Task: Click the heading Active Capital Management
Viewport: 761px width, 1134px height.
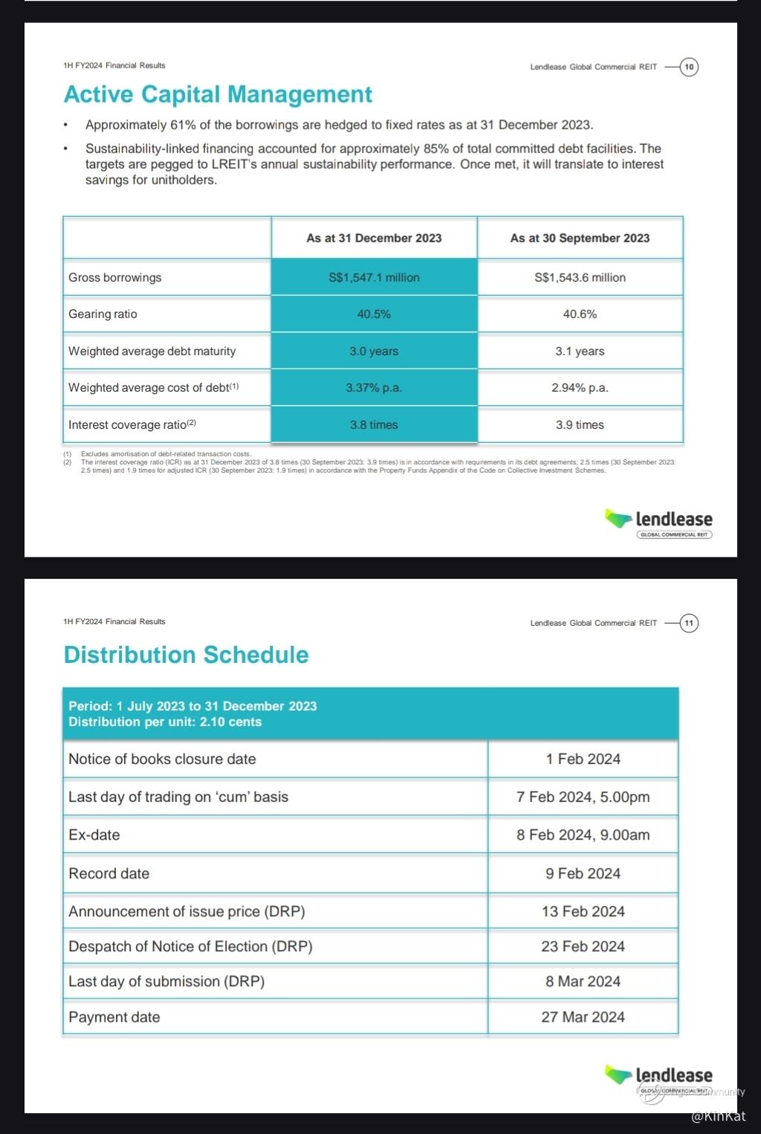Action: [x=218, y=94]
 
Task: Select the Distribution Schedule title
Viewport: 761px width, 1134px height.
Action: [x=186, y=655]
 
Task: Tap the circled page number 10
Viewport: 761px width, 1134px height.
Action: [x=689, y=67]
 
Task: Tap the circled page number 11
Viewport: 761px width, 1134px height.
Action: [x=689, y=623]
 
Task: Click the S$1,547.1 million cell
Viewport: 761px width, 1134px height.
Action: [x=374, y=277]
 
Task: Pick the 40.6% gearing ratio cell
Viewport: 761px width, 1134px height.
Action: [x=580, y=314]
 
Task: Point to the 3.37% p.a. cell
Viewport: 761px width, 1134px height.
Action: [x=374, y=387]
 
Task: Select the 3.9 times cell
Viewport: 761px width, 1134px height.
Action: [x=580, y=424]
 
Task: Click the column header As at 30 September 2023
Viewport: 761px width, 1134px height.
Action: [x=580, y=238]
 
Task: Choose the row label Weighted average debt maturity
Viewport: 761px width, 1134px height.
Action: [x=152, y=351]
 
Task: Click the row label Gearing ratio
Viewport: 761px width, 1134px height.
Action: [x=103, y=314]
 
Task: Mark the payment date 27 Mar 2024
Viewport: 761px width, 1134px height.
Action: [x=583, y=1017]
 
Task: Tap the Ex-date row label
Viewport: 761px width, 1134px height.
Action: [x=94, y=835]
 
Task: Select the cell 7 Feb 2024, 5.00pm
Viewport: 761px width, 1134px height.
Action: [x=583, y=797]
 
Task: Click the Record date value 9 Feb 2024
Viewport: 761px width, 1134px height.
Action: [x=583, y=873]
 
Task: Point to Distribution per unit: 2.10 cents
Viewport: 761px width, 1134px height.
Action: [x=165, y=722]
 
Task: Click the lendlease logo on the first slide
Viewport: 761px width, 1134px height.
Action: [x=658, y=522]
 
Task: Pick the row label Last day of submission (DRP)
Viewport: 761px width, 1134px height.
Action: [x=166, y=981]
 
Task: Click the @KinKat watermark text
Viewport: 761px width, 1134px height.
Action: [x=718, y=1116]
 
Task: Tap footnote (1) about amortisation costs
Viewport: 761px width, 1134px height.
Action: [x=165, y=453]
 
